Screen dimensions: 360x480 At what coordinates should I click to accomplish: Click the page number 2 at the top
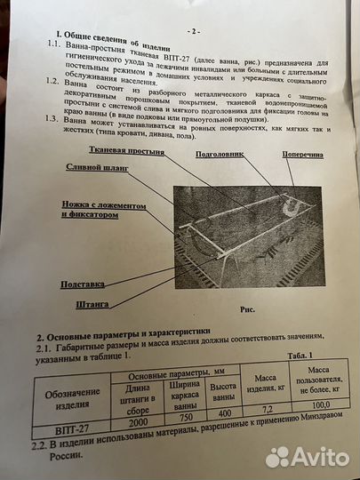[x=190, y=30]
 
